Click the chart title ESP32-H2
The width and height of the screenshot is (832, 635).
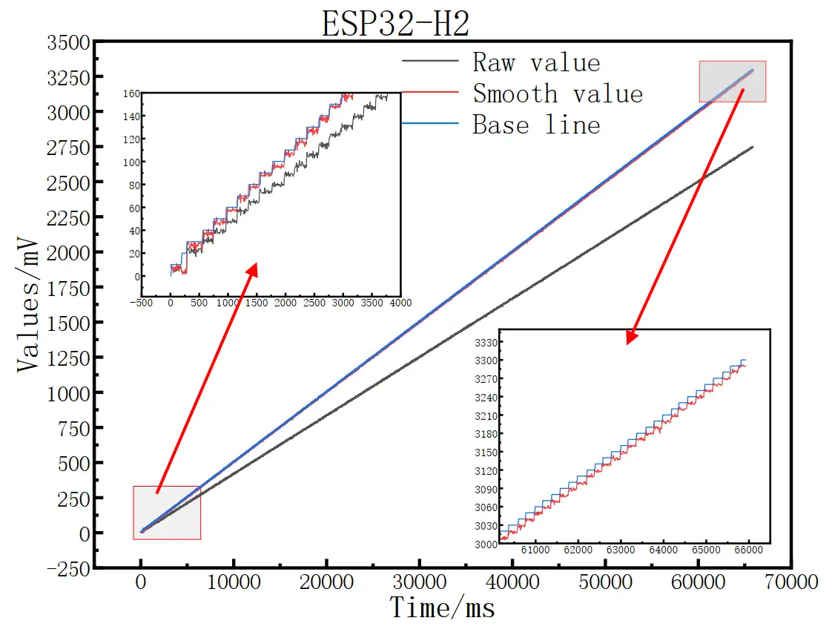tap(394, 24)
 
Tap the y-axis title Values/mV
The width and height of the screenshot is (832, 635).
tap(30, 304)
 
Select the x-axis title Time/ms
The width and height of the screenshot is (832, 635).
tap(443, 608)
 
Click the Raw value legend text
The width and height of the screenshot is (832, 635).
tap(536, 62)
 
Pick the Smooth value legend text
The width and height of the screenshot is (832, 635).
tap(558, 93)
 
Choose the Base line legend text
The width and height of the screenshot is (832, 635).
tap(536, 125)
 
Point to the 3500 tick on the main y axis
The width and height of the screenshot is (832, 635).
tap(68, 42)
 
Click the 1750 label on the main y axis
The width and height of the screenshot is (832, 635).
tap(68, 288)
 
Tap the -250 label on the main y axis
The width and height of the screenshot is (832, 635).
tap(68, 568)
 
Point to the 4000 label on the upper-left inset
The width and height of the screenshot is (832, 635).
tap(400, 303)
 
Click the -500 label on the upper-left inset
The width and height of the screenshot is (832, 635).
tap(141, 303)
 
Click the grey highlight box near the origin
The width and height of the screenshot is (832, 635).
tap(167, 512)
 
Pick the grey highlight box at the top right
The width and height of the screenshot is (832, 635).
tap(732, 82)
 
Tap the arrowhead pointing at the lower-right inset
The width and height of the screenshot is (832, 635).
tap(631, 338)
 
